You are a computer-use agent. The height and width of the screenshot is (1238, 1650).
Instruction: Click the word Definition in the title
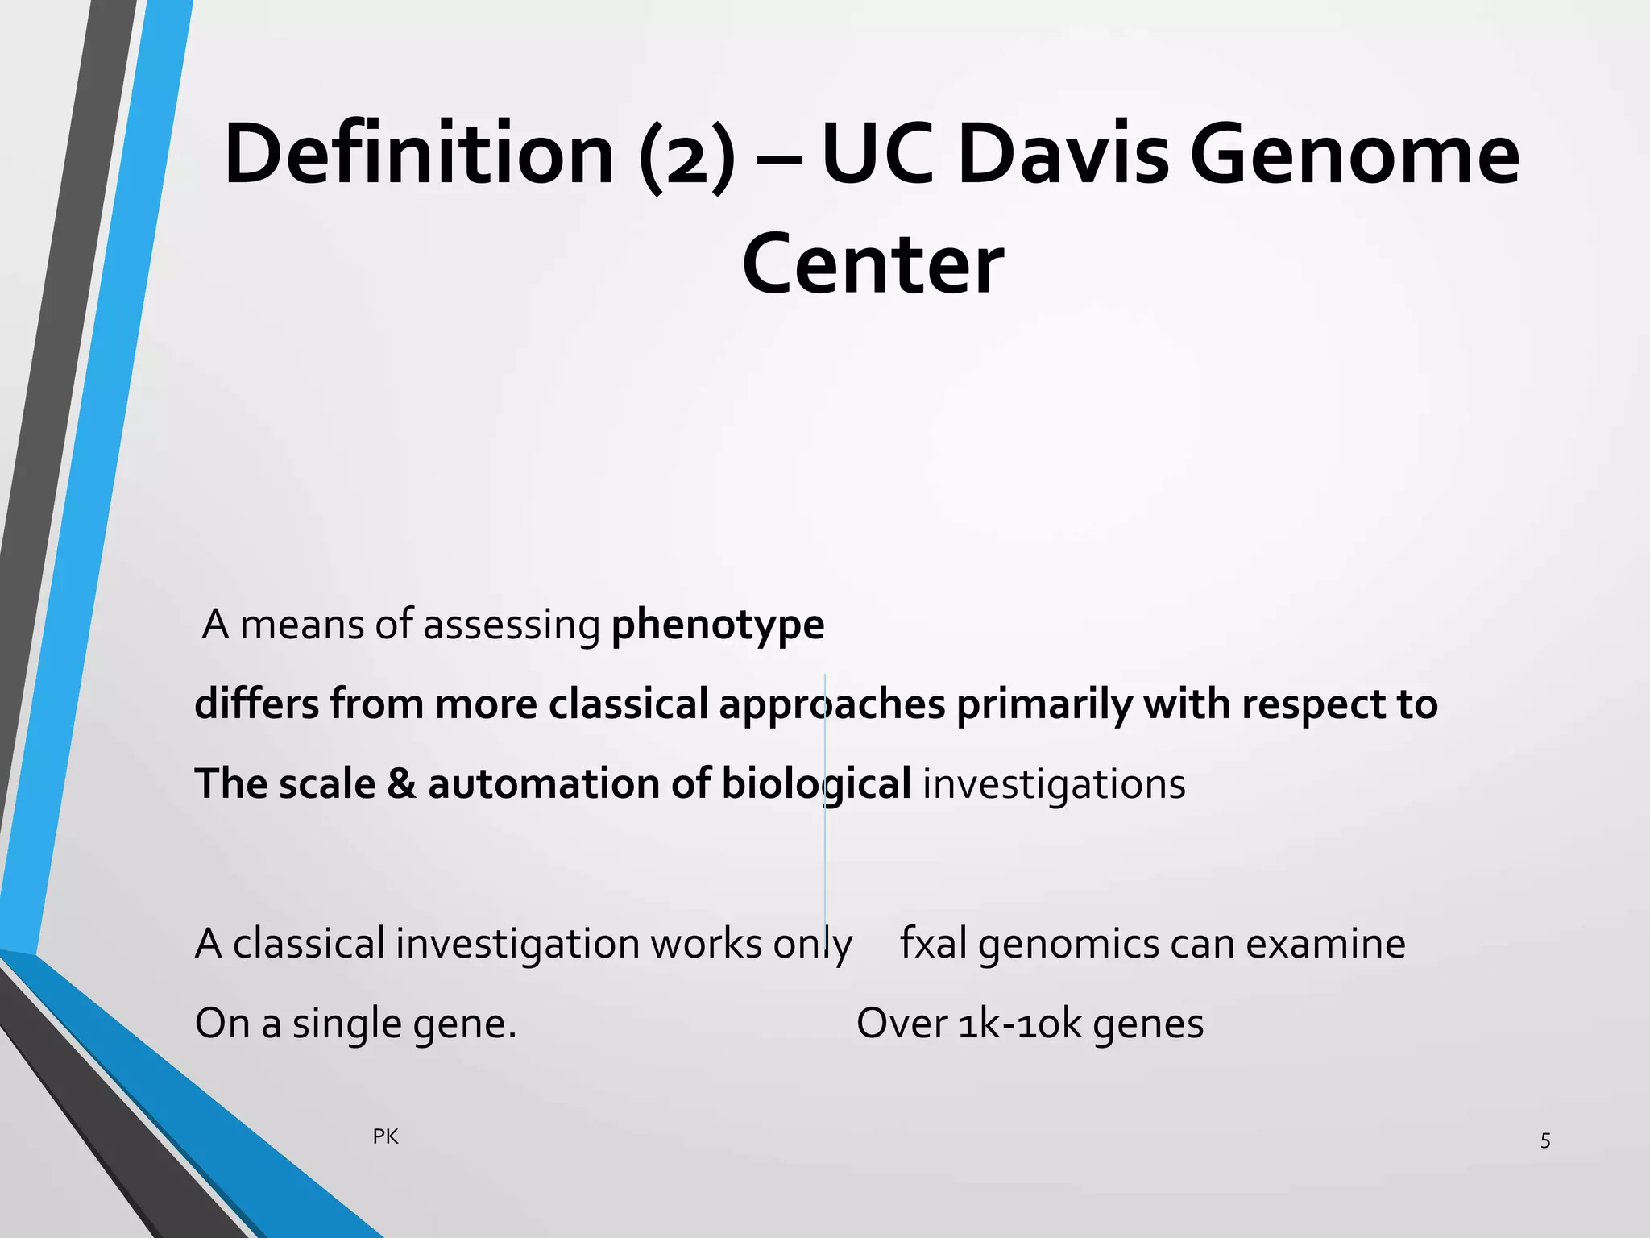click(419, 153)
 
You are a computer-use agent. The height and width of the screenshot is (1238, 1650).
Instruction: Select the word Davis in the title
click(1063, 153)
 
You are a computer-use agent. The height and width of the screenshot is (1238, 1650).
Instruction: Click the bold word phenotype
click(718, 625)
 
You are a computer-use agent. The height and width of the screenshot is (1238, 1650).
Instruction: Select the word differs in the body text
click(256, 704)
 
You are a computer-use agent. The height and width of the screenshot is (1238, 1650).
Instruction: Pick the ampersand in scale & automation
click(401, 783)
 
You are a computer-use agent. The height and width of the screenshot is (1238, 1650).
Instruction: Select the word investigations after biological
click(1054, 783)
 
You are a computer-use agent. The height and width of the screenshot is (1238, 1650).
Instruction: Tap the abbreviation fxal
click(933, 943)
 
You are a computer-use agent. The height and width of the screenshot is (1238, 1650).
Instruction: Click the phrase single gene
click(403, 1024)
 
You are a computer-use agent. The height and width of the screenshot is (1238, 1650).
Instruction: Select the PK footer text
click(385, 1136)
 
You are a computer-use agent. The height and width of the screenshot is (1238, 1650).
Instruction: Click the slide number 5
click(1545, 1140)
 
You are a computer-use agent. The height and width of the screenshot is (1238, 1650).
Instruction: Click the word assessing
click(512, 625)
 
